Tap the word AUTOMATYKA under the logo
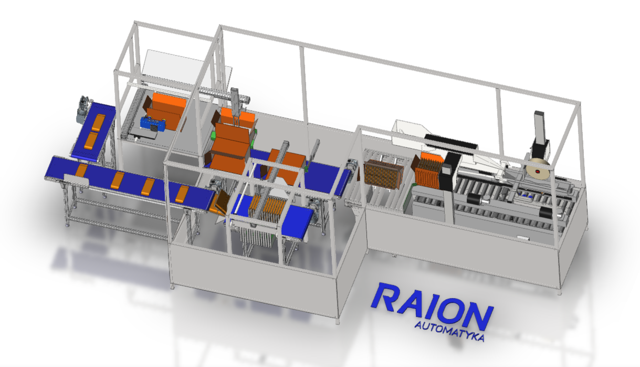(449, 332)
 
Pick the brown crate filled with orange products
(383, 174)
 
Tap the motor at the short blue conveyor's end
(84, 108)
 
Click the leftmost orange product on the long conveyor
(81, 170)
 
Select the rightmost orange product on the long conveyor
(182, 194)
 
